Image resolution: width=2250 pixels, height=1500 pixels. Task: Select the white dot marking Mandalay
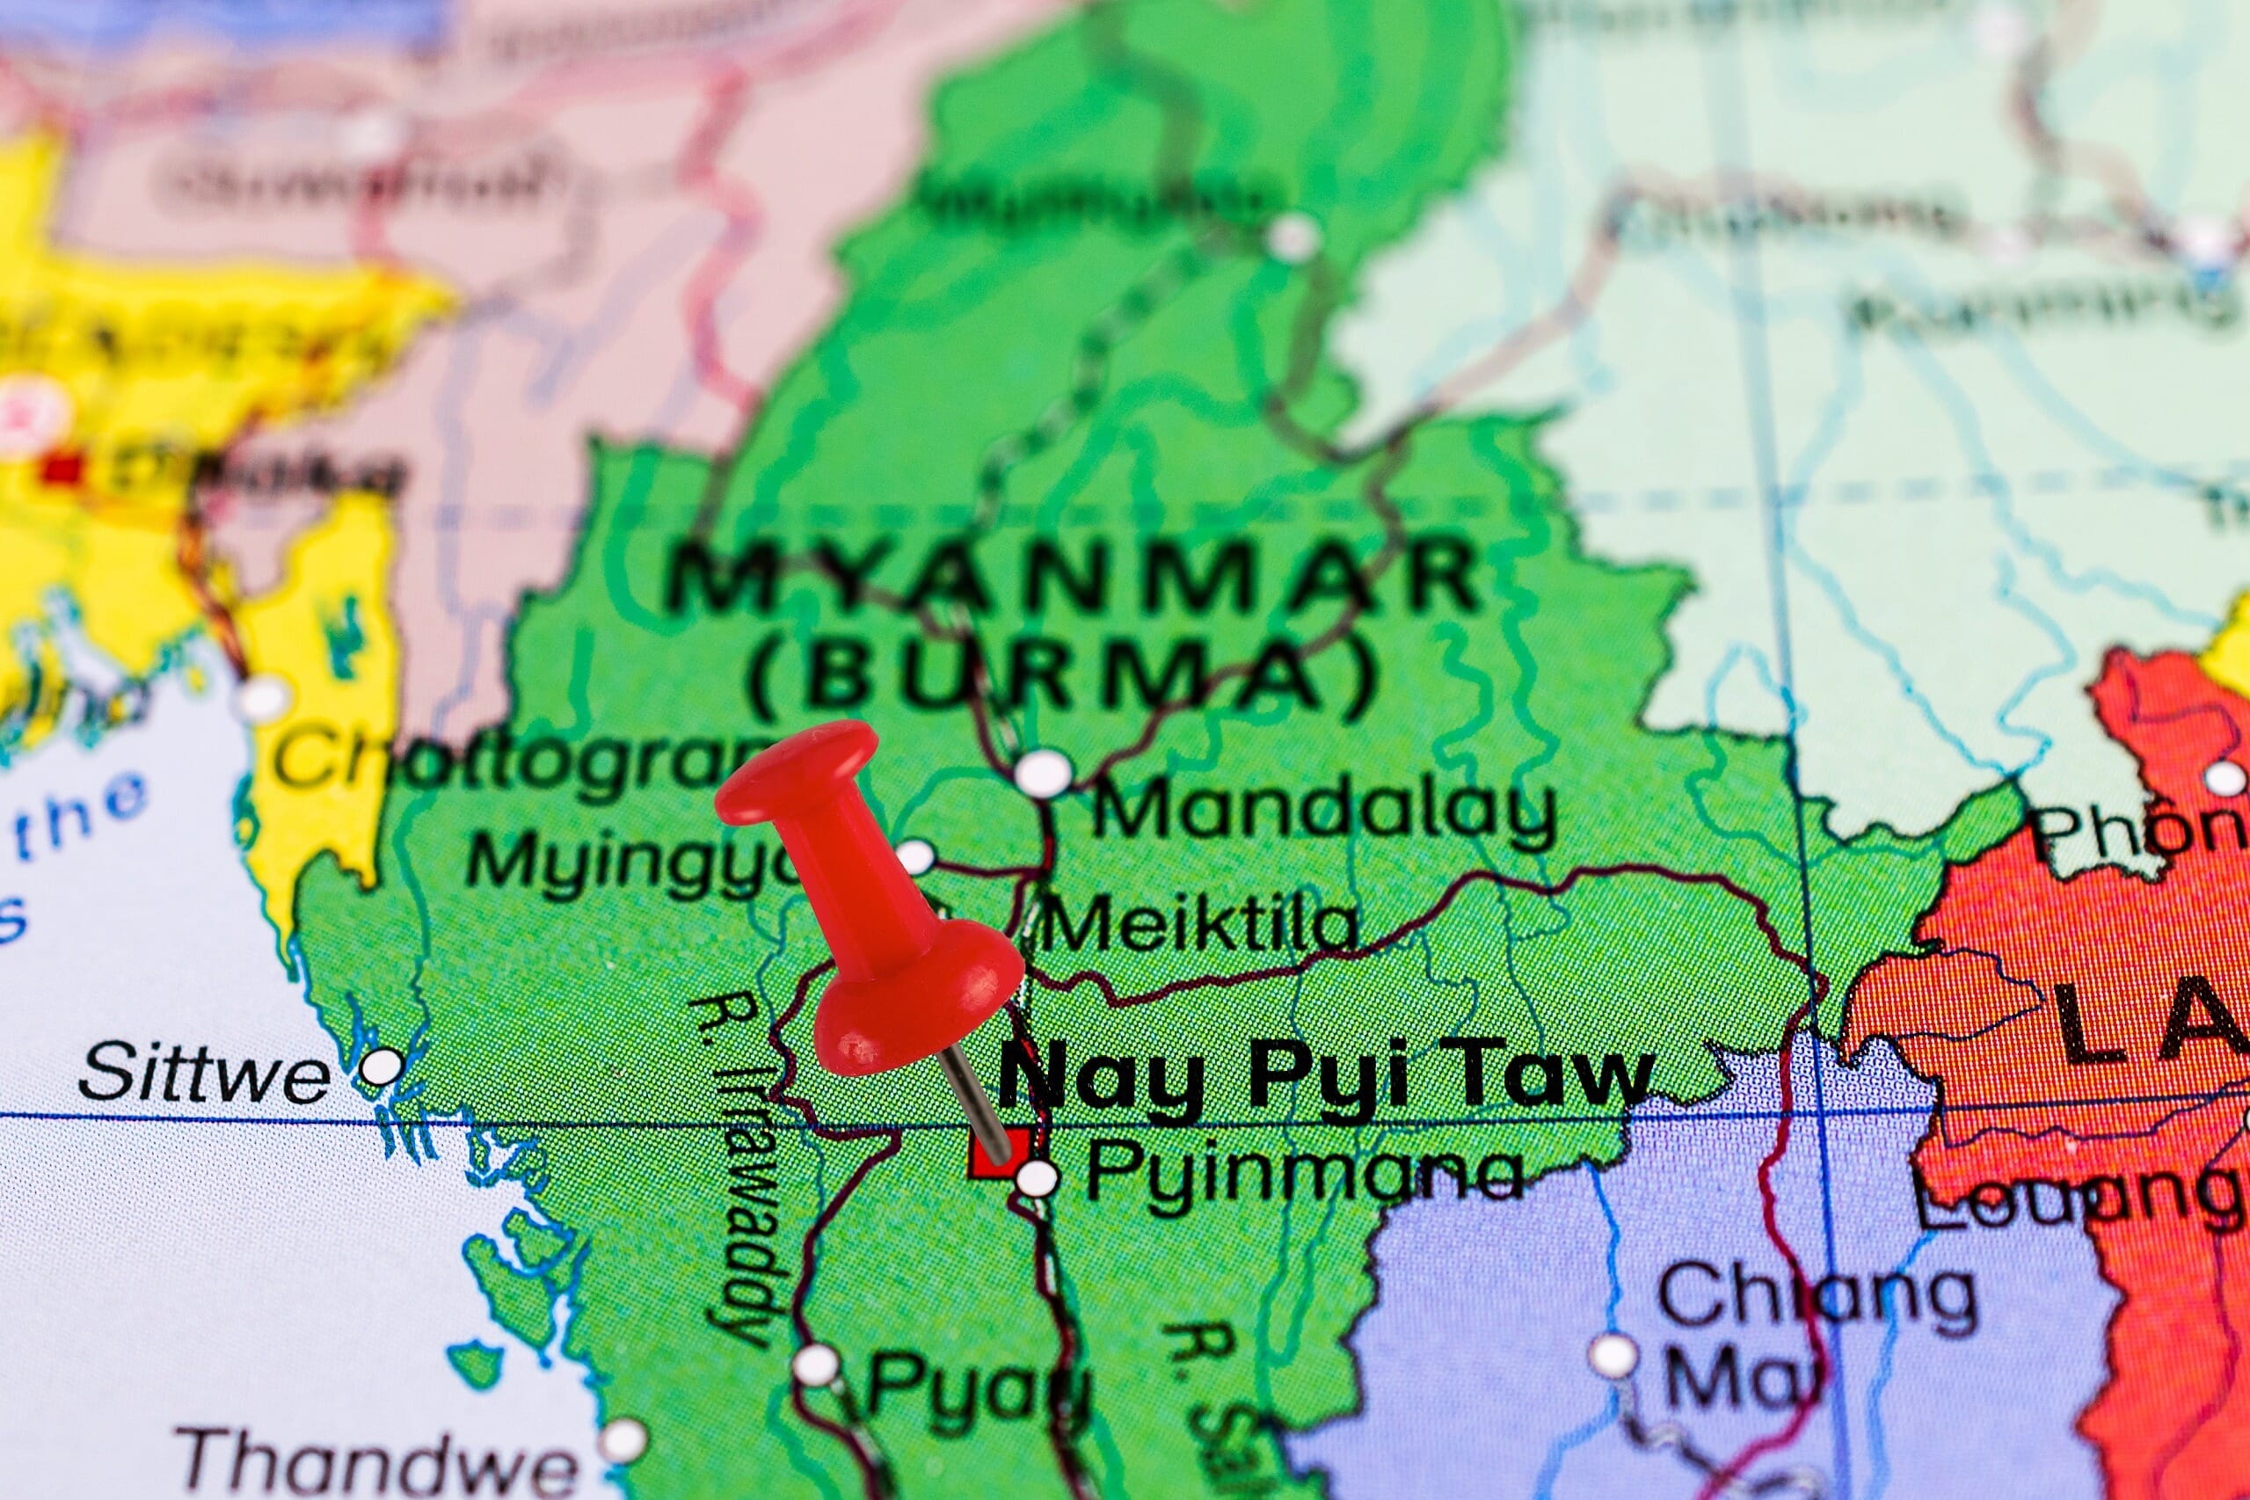pyautogui.click(x=1043, y=771)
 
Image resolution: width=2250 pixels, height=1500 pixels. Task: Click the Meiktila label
pyautogui.click(x=1200, y=926)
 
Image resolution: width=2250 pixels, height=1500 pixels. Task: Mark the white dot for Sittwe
pyautogui.click(x=382, y=1066)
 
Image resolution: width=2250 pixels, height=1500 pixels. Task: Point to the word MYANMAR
pyautogui.click(x=1072, y=576)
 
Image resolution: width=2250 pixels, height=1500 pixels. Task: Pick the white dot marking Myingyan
pyautogui.click(x=916, y=856)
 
